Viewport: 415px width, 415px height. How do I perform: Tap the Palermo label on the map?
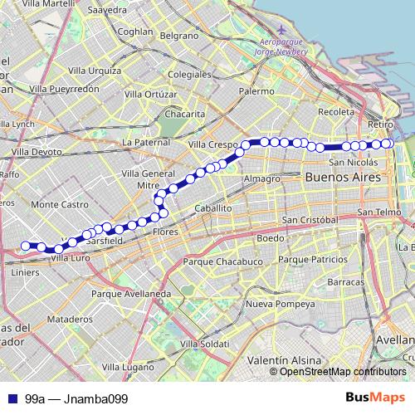(x=256, y=91)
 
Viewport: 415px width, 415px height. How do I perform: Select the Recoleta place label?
(x=336, y=111)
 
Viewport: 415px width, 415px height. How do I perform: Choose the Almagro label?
(x=261, y=178)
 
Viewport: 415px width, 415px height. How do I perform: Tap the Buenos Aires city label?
(x=343, y=178)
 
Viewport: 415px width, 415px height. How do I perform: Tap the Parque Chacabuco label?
(x=213, y=261)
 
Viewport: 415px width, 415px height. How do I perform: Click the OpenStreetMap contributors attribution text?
(x=344, y=372)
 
